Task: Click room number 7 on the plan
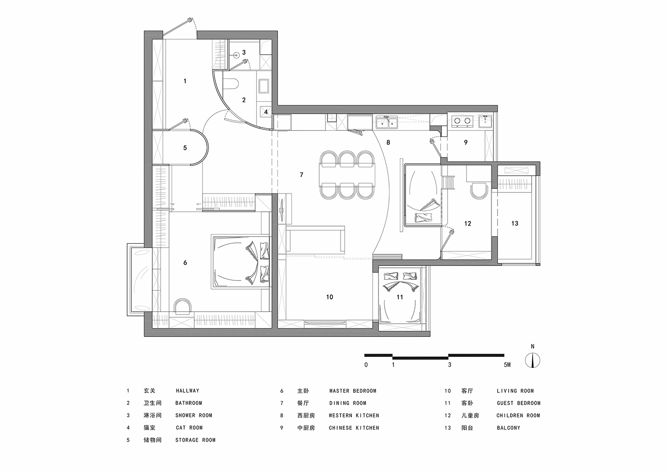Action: point(301,175)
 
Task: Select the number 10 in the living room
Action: point(329,297)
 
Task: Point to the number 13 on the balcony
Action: point(514,223)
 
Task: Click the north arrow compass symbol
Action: point(532,359)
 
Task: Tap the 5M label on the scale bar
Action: point(507,365)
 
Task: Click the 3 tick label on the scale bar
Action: point(450,365)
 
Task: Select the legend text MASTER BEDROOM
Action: point(353,391)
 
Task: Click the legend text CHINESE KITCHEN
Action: point(354,428)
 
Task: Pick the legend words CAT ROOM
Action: point(189,428)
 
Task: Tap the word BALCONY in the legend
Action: point(508,428)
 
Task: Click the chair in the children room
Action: point(478,192)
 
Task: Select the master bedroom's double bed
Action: point(242,262)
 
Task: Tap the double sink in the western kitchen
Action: point(386,121)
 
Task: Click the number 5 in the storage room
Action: point(185,148)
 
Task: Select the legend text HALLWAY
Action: point(187,391)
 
